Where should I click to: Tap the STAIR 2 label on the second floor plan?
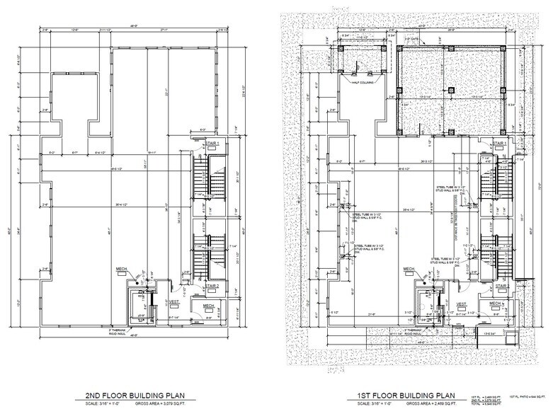[x=211, y=283]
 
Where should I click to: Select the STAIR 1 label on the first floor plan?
[x=500, y=143]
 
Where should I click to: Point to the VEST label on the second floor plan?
[x=173, y=302]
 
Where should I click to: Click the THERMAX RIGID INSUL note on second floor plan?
[x=142, y=330]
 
